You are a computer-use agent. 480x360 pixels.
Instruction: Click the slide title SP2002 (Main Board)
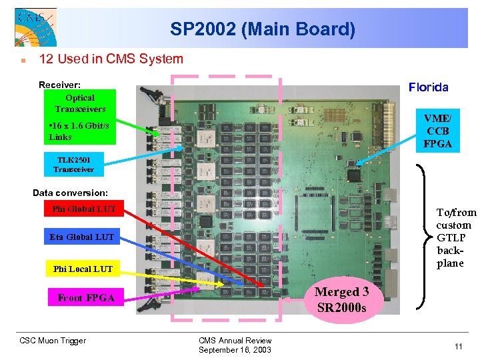[x=262, y=29]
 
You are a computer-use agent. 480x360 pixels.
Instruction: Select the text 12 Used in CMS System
[x=111, y=59]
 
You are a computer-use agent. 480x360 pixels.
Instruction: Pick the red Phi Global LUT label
[x=83, y=209]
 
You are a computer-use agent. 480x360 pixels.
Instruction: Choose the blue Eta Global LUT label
[x=81, y=237]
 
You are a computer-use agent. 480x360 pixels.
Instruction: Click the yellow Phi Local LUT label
[x=83, y=269]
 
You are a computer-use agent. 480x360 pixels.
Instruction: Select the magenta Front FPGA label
[x=86, y=298]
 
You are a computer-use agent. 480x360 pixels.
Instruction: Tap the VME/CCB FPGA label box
[x=437, y=130]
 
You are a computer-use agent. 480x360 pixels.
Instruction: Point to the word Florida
[x=428, y=87]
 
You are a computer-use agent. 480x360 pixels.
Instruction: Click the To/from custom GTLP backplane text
[x=456, y=237]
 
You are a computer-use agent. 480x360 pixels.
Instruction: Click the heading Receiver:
[x=60, y=85]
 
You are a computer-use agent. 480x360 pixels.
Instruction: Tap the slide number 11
[x=458, y=346]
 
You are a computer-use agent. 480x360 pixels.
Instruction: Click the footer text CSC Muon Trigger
[x=53, y=341]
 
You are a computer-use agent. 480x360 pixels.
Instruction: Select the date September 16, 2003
[x=235, y=350]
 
